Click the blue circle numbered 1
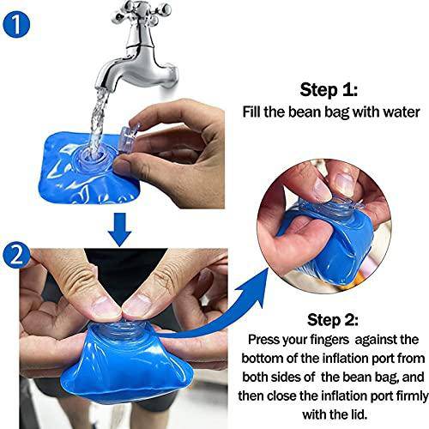(x=16, y=24)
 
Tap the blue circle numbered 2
(x=15, y=256)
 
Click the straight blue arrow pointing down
(x=120, y=230)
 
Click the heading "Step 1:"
(x=329, y=90)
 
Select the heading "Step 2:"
(x=333, y=319)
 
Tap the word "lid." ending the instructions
(x=357, y=414)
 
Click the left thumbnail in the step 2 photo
(x=105, y=308)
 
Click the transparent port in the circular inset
(x=329, y=208)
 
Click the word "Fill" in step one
(x=251, y=112)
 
